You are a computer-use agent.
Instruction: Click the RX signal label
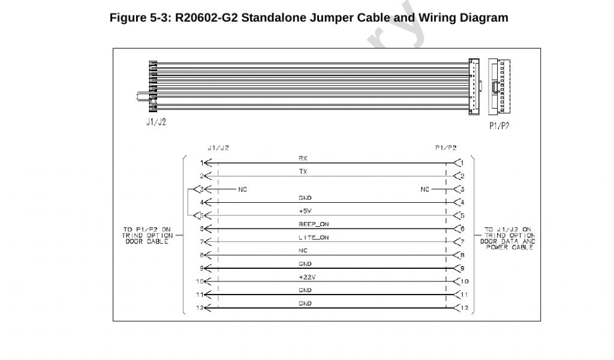coord(303,158)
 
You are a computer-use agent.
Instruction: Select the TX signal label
coord(303,172)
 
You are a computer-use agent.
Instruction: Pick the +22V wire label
coord(305,277)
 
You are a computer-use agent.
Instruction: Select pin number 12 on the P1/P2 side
coord(465,308)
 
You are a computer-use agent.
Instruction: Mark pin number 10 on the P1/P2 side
coord(465,281)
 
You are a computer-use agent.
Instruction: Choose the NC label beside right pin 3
coord(425,190)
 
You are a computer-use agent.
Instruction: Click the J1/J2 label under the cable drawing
coord(156,122)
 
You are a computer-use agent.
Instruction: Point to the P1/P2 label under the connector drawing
coord(499,126)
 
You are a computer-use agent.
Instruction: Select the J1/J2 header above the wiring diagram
coord(218,147)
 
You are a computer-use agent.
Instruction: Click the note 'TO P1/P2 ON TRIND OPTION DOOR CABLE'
coord(146,235)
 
